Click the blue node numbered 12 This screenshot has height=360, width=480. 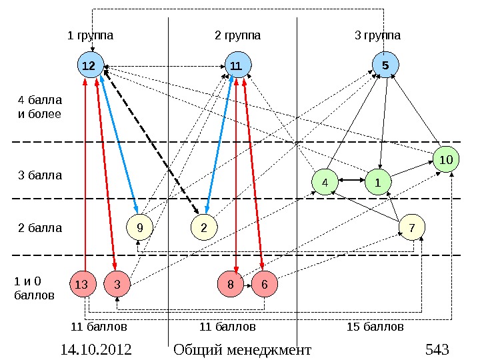coord(88,65)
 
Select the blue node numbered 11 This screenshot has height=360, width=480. coord(237,65)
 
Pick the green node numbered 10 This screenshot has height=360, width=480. coord(446,160)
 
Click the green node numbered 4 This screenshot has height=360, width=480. coord(325,181)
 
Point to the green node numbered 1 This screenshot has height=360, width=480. coord(377,181)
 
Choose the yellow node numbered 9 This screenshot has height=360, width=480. coord(139,228)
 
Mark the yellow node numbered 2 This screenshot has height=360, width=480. coord(204,228)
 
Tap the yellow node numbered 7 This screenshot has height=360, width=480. coord(412,228)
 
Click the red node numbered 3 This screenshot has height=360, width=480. coord(117,285)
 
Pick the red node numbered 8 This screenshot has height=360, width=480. coord(231,285)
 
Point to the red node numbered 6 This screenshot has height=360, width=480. coord(264,285)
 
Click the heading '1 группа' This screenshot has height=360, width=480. coord(90,35)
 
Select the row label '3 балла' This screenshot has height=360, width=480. coord(40,176)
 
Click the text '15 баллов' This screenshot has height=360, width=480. coord(375,327)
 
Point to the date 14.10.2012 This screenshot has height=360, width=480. coord(95,349)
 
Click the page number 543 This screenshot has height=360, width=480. coord(437,349)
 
